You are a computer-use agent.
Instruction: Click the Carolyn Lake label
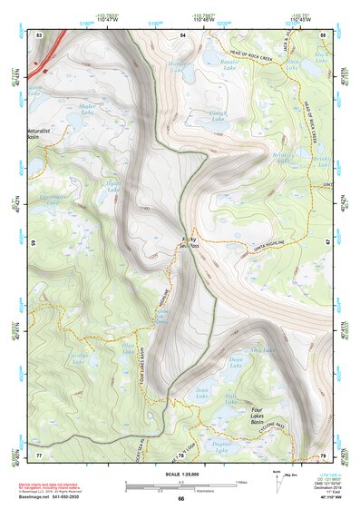[x=80, y=359]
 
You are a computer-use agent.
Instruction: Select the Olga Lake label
[x=129, y=347]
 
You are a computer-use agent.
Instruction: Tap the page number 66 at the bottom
[x=180, y=499]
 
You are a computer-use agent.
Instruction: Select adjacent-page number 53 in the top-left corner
[x=39, y=34]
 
